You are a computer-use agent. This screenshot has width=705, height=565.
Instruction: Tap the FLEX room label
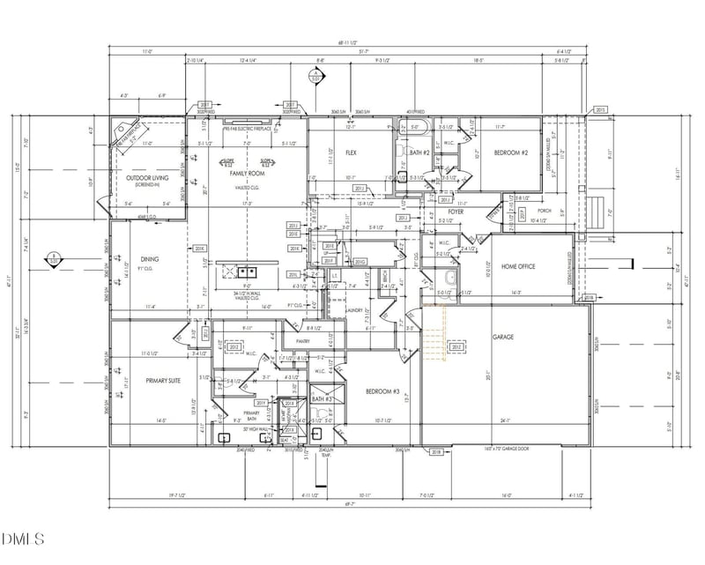[x=350, y=152]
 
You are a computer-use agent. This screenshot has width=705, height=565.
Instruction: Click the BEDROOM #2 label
[x=510, y=152]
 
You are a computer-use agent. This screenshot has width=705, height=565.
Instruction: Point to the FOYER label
[x=456, y=212]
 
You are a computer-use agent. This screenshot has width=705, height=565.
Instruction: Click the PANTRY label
[x=303, y=340]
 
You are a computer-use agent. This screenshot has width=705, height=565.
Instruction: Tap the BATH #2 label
[x=419, y=153]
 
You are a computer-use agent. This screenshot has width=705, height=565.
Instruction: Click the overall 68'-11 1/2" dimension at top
[x=350, y=42]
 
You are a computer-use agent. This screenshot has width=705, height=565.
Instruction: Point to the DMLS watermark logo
[x=21, y=538]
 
